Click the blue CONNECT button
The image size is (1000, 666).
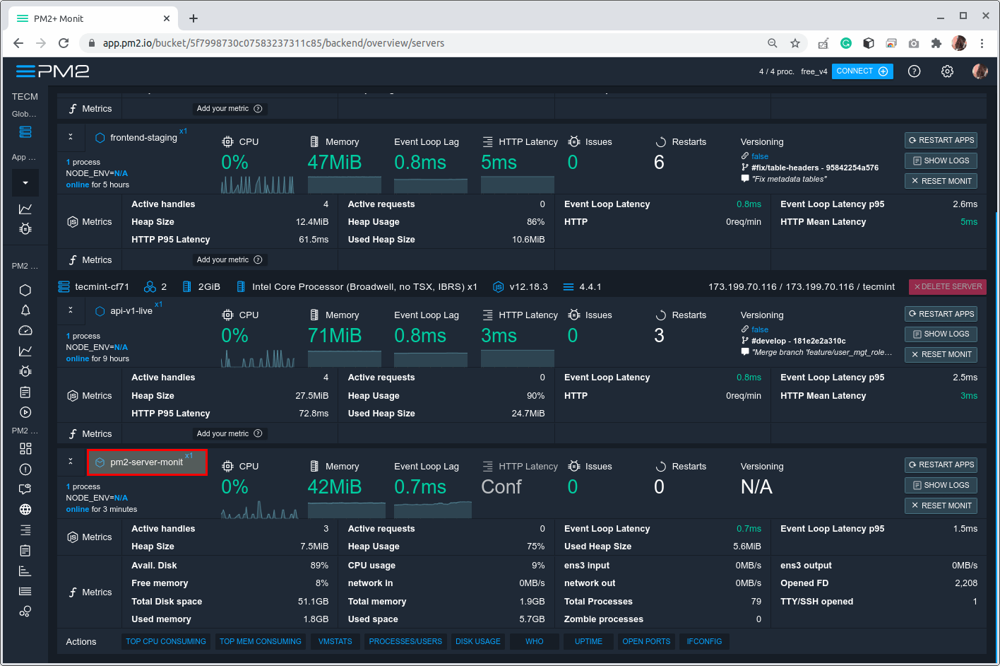click(x=862, y=71)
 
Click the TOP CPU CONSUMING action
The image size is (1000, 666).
click(x=166, y=641)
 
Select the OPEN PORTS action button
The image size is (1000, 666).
click(x=646, y=641)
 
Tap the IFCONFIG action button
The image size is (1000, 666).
click(x=704, y=641)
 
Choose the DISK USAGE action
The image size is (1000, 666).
click(x=477, y=641)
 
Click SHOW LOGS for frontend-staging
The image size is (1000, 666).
click(x=941, y=160)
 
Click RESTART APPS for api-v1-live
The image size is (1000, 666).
click(x=941, y=314)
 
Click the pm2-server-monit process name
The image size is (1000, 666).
click(x=147, y=462)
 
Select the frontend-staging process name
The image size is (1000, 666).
click(x=143, y=138)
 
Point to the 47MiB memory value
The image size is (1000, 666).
click(x=335, y=163)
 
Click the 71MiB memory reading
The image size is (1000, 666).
click(x=335, y=336)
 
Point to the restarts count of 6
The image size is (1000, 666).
click(x=659, y=163)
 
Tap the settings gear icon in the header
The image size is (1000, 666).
click(x=948, y=71)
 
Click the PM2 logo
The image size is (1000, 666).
click(x=53, y=71)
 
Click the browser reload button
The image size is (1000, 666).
click(x=64, y=43)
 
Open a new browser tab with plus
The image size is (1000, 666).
click(x=194, y=18)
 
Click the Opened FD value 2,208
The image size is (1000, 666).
click(x=965, y=583)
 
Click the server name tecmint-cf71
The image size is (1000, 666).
click(x=102, y=287)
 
